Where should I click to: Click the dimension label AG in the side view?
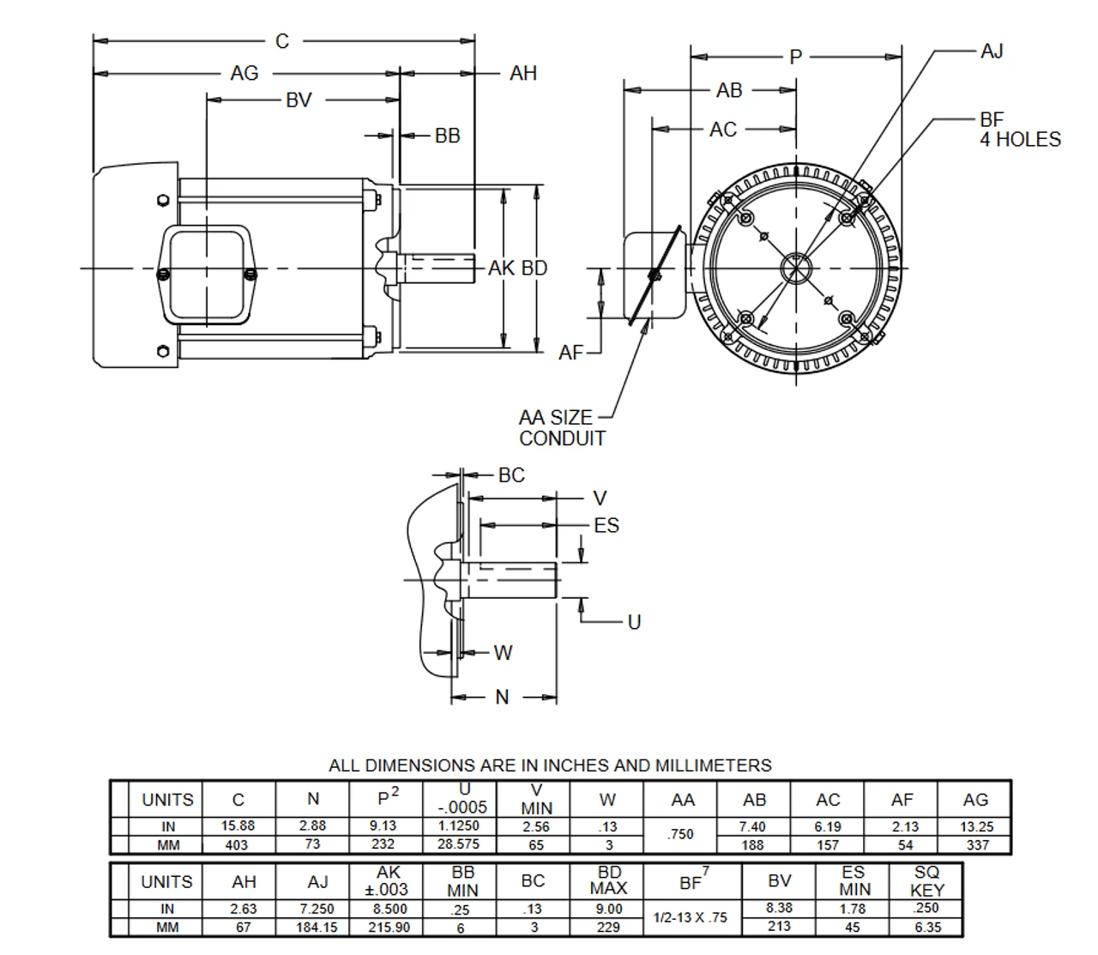(244, 74)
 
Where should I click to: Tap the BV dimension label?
(299, 100)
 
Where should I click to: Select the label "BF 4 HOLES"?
(1019, 130)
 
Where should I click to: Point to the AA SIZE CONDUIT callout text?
(562, 427)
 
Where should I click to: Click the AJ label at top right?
(991, 51)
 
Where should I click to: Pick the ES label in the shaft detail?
(606, 525)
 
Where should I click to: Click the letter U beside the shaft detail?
(634, 622)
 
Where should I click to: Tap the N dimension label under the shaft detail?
(503, 697)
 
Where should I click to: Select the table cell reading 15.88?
(238, 825)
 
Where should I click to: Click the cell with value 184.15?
(317, 928)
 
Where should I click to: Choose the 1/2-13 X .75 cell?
(690, 917)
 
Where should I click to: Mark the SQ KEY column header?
(926, 881)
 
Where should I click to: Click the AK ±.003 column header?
(389, 881)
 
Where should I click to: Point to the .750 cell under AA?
(680, 834)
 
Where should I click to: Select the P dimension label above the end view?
(795, 57)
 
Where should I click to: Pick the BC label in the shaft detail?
(511, 474)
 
